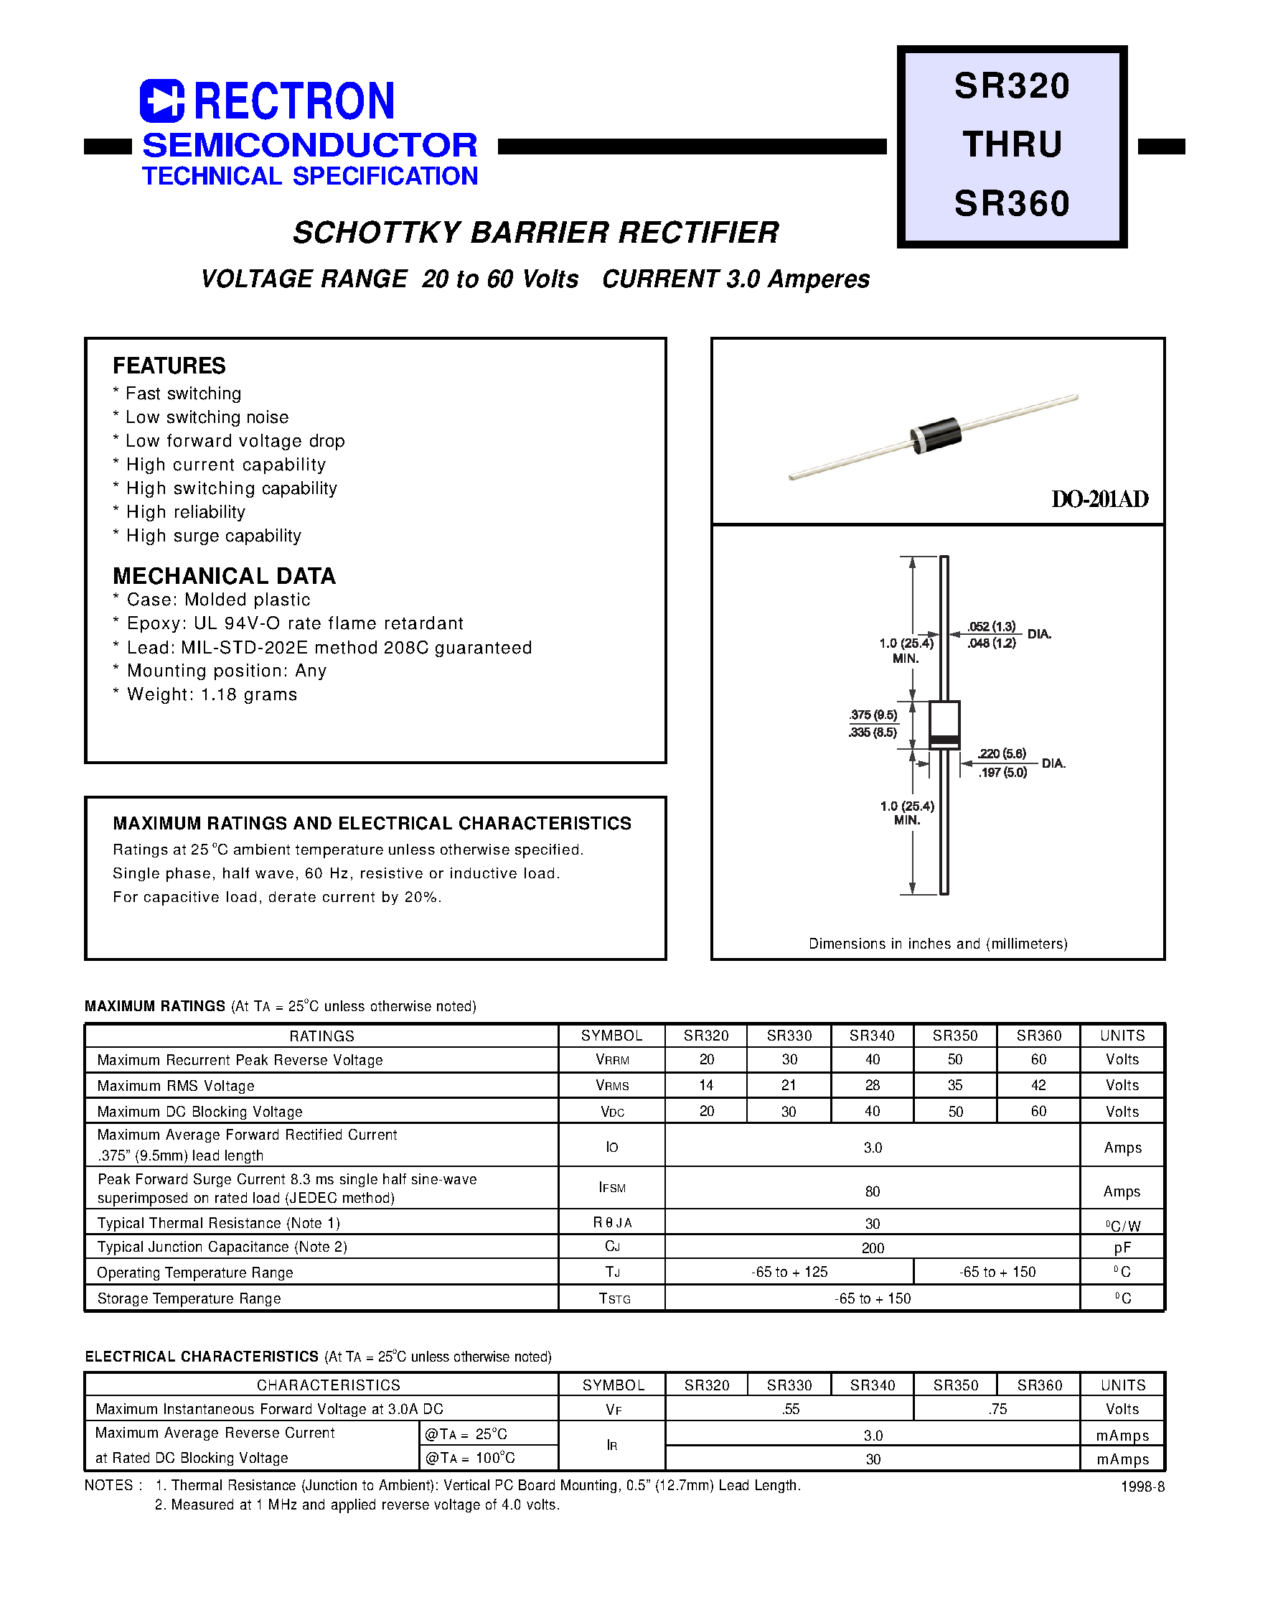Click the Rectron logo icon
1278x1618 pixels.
point(161,101)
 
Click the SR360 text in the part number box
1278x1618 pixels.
point(1012,204)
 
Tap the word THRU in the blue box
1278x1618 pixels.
point(1012,144)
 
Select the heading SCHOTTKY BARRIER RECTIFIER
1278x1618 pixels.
point(535,233)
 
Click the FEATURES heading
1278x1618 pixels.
point(169,366)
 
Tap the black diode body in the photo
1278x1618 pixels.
point(935,434)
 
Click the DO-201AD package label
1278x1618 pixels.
point(1099,499)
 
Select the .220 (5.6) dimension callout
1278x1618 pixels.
point(1002,754)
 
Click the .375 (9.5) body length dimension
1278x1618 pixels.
point(873,715)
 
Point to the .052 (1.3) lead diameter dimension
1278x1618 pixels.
point(992,627)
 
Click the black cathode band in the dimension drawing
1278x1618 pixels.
point(944,741)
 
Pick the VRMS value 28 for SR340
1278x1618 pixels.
point(872,1085)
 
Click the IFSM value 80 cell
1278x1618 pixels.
point(872,1191)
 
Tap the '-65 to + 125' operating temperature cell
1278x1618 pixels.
point(789,1272)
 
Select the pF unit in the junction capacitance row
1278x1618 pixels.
point(1122,1247)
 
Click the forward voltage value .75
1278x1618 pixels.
point(997,1409)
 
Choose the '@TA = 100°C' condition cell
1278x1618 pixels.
point(470,1458)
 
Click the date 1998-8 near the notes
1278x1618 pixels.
point(1142,1487)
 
